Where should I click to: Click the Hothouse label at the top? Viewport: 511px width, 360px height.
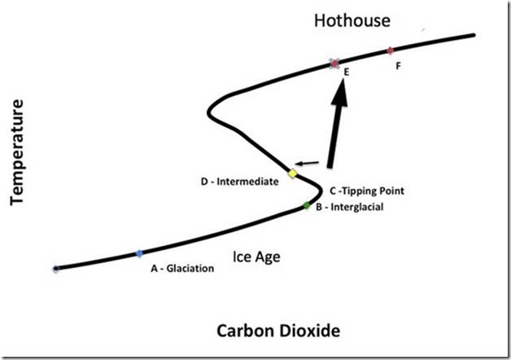[x=352, y=20]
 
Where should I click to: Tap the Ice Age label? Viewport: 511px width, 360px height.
[x=256, y=257]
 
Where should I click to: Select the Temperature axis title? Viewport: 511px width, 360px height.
[x=17, y=152]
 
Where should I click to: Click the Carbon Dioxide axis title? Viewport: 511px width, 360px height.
[x=278, y=331]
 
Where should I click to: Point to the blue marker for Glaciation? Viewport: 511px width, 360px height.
[x=139, y=253]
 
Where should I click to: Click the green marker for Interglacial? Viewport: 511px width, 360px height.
[x=306, y=205]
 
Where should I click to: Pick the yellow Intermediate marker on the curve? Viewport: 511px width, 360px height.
[x=292, y=173]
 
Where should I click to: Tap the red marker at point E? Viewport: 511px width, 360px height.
[x=334, y=64]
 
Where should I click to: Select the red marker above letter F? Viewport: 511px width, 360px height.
[x=390, y=50]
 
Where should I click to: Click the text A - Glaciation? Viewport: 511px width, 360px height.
[x=182, y=268]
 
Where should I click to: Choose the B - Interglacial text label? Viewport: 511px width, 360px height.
[x=349, y=207]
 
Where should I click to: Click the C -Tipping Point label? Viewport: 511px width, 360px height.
[x=367, y=191]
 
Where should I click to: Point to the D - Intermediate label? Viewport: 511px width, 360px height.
[x=240, y=182]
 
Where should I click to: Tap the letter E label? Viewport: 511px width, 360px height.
[x=347, y=72]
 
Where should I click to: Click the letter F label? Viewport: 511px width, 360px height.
[x=398, y=66]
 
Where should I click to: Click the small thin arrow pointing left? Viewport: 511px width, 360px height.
[x=307, y=163]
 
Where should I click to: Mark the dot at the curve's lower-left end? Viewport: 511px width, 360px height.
[x=56, y=269]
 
